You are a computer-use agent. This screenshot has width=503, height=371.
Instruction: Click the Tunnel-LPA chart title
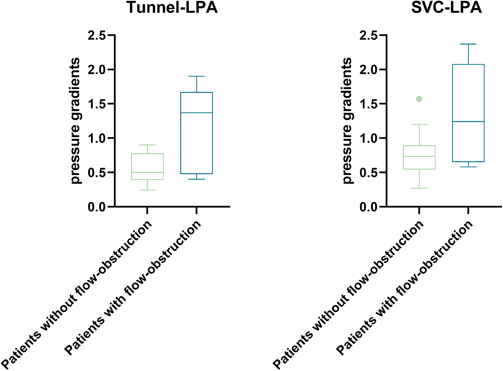(x=172, y=7)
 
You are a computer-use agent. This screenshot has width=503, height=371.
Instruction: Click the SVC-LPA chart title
(x=447, y=7)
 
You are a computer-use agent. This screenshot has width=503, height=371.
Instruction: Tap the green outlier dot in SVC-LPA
(x=419, y=99)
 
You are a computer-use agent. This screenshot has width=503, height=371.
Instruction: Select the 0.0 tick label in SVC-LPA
(x=368, y=207)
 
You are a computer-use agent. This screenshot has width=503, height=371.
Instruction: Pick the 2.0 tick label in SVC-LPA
(x=368, y=70)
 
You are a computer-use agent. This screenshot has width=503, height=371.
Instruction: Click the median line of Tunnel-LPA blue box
(x=197, y=113)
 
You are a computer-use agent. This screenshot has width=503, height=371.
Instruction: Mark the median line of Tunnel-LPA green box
(x=147, y=172)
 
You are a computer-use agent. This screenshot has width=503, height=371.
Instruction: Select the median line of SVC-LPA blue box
(x=468, y=122)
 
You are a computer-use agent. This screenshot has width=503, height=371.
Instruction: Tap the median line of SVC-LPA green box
(x=419, y=156)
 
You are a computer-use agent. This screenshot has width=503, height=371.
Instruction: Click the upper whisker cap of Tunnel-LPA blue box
(x=197, y=76)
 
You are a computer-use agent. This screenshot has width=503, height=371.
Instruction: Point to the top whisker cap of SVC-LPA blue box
(x=468, y=44)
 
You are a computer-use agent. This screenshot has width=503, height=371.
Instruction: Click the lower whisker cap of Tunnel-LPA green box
(x=147, y=190)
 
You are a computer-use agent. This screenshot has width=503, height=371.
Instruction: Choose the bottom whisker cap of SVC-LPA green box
(x=419, y=188)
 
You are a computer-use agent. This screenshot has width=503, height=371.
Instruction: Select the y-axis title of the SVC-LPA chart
(x=348, y=121)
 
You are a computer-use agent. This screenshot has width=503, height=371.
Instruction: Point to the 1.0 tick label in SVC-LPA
(x=368, y=139)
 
